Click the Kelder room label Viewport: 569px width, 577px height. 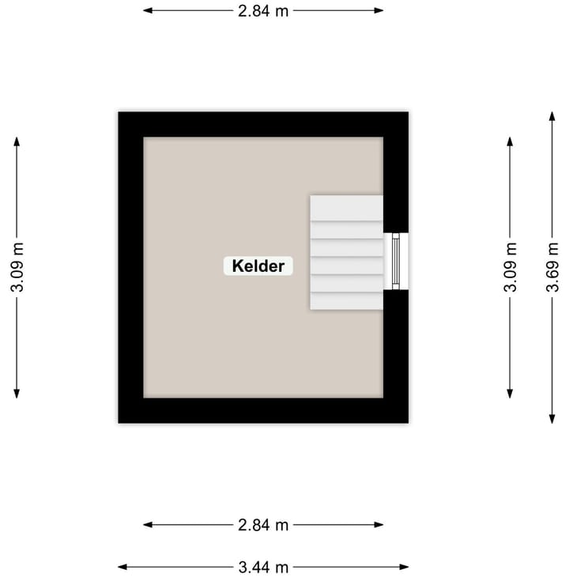point(258,266)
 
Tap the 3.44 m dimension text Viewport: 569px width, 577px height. point(263,567)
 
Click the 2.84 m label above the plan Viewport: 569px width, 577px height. point(263,11)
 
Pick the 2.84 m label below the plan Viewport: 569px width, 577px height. point(263,525)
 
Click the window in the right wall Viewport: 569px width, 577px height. point(397,262)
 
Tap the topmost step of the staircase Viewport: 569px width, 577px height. point(346,207)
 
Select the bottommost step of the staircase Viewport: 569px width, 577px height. point(346,301)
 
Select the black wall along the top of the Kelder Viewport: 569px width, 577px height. point(263,124)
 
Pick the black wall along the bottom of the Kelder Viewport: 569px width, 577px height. point(263,410)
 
